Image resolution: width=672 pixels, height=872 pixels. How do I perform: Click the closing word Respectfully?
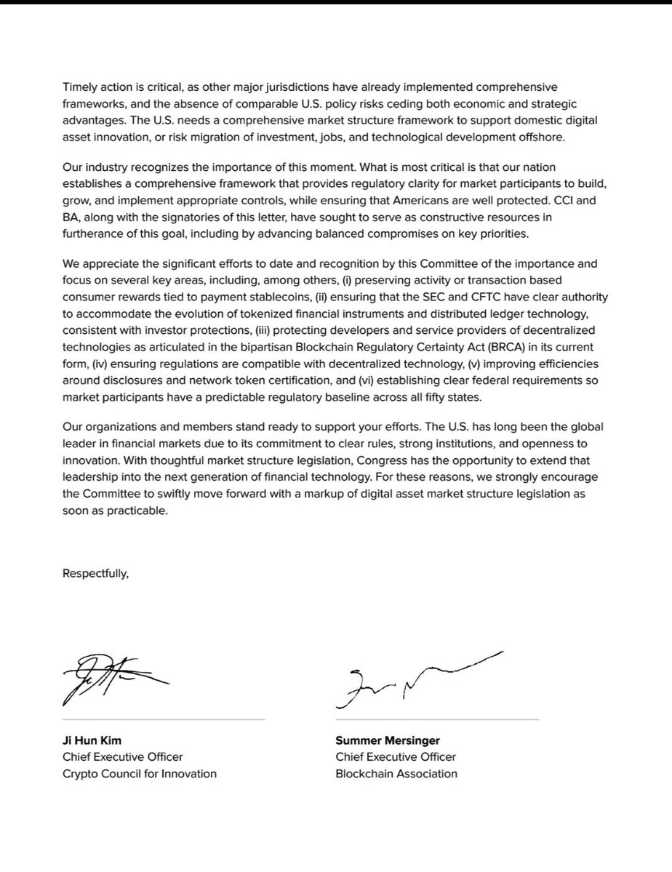[95, 574]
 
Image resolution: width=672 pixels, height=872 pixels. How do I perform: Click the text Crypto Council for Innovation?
[140, 773]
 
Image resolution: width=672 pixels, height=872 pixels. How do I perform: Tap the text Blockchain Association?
[396, 773]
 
